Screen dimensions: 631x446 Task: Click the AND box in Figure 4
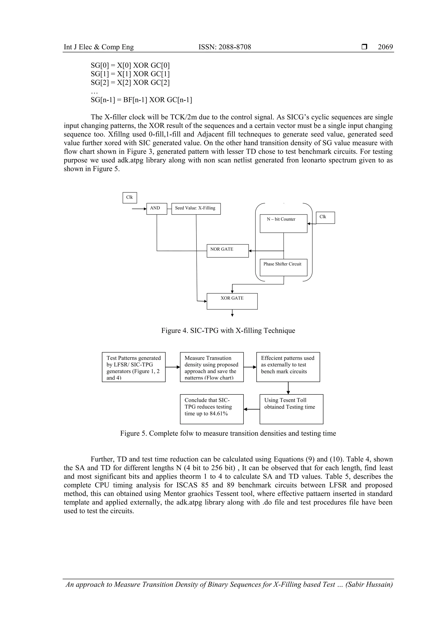pos(157,209)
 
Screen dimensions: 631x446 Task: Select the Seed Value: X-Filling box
pos(196,209)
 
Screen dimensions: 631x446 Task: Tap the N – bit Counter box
pos(283,223)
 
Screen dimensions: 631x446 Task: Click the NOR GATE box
pos(228,251)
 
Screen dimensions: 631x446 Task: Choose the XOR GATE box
pos(232,301)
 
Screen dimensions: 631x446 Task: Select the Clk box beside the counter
pos(325,217)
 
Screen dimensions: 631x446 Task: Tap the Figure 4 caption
pos(228,330)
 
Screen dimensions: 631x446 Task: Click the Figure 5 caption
pos(228,433)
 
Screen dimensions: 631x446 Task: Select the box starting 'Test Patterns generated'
pos(133,367)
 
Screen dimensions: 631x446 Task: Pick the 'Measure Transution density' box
pos(212,367)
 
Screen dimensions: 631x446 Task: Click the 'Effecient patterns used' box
pos(288,367)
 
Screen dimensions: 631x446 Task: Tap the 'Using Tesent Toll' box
pos(291,409)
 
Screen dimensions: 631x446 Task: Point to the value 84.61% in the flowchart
pos(218,414)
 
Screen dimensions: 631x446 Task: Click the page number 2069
pos(385,47)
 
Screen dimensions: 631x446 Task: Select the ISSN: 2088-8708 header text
pos(225,47)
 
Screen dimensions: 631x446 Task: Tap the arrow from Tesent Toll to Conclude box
pos(252,409)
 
